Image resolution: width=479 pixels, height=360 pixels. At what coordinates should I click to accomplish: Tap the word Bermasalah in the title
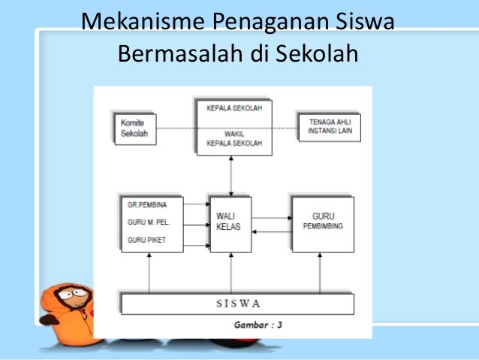click(174, 54)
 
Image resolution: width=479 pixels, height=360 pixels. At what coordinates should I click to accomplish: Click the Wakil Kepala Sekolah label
click(232, 140)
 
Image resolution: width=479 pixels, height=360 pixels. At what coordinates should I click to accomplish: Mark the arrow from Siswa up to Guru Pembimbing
click(323, 272)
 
